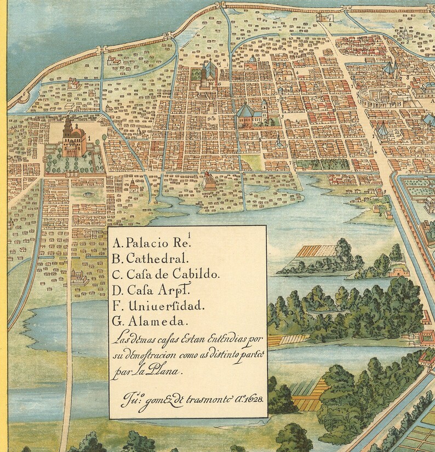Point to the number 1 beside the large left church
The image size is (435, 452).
point(87,139)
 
